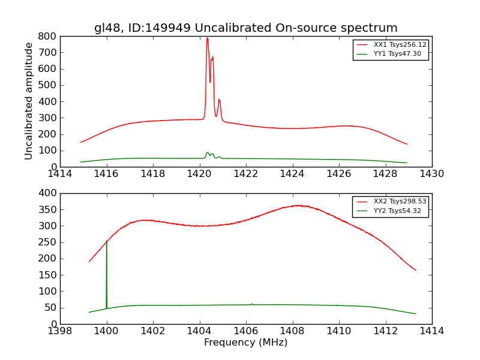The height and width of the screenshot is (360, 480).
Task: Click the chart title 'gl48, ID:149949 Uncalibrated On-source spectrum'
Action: pyautogui.click(x=245, y=28)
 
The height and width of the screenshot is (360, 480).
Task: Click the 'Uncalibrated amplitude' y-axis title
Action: pyautogui.click(x=29, y=101)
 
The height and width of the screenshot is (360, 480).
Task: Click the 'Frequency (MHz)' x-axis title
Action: pyautogui.click(x=245, y=343)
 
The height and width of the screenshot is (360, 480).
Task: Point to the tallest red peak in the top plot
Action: pyautogui.click(x=207, y=38)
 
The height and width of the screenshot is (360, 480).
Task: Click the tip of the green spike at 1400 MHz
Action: pyautogui.click(x=106, y=241)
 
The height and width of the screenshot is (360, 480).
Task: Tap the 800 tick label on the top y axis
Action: pyautogui.click(x=47, y=36)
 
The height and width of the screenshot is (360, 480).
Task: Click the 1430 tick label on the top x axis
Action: pyautogui.click(x=431, y=174)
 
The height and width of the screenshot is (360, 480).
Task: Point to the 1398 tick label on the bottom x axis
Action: pyautogui.click(x=60, y=331)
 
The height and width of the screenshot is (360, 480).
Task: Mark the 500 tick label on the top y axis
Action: pyautogui.click(x=47, y=85)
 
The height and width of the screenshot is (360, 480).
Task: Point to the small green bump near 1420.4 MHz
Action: pyautogui.click(x=208, y=152)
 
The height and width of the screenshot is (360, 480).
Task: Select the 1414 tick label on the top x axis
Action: pyautogui.click(x=60, y=174)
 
